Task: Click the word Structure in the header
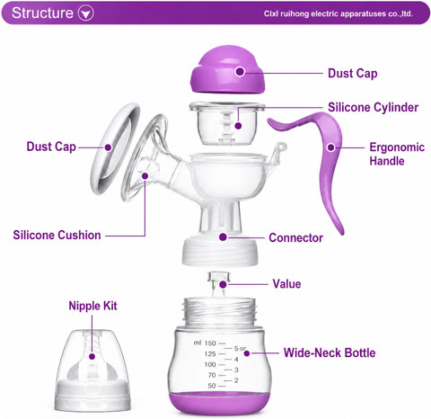(42, 13)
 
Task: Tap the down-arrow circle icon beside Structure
(86, 13)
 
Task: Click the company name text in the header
(339, 13)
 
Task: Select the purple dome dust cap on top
(228, 69)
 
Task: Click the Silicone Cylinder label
(373, 107)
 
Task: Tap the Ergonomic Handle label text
(397, 154)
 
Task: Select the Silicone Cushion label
(57, 235)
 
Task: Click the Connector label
(295, 237)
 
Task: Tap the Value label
(286, 284)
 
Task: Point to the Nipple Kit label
(92, 306)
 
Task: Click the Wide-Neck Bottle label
(330, 352)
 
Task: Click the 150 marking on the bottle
(210, 343)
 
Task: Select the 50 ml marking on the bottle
(212, 386)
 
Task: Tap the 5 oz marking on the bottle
(240, 348)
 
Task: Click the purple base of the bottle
(220, 403)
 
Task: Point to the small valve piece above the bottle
(219, 283)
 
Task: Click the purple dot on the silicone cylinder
(238, 126)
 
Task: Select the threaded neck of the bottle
(220, 313)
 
